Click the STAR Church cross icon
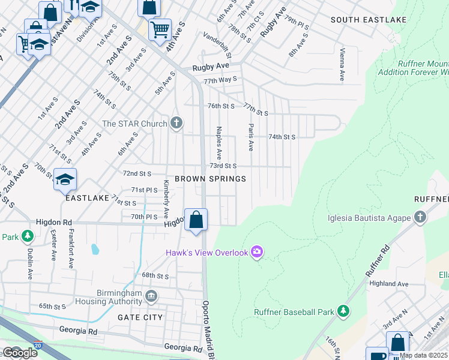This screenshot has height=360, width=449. pyautogui.click(x=176, y=124)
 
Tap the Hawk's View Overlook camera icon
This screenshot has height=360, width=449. pyautogui.click(x=257, y=252)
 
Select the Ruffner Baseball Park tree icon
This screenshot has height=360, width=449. pyautogui.click(x=343, y=311)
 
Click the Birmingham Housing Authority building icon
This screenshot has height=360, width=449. pyautogui.click(x=151, y=296)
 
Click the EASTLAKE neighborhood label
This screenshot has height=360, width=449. pyautogui.click(x=87, y=197)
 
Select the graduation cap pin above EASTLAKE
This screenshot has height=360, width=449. pyautogui.click(x=65, y=179)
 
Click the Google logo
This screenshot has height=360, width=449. pyautogui.click(x=19, y=353)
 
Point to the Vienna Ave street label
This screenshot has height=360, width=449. pyautogui.click(x=342, y=65)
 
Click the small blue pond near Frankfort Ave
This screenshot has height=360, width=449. pyautogui.click(x=94, y=248)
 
